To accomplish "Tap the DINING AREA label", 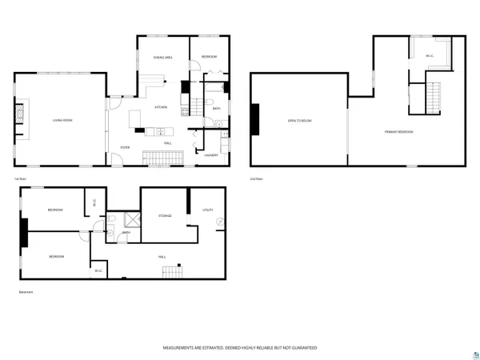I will [x=163, y=58].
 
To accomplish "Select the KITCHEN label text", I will [x=160, y=106].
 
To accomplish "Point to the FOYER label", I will [x=125, y=147].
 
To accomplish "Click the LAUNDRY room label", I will [x=211, y=155].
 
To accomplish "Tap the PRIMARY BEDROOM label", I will [x=398, y=131].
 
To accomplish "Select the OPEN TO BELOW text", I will [x=299, y=121].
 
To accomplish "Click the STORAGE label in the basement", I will [x=165, y=215].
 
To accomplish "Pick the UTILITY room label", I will [x=207, y=210].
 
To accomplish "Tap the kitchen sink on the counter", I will [x=159, y=131].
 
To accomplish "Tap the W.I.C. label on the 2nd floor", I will [x=429, y=56].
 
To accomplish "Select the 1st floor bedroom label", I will [x=209, y=57].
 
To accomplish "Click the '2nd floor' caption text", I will [x=256, y=178].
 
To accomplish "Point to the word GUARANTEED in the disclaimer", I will [x=301, y=348].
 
